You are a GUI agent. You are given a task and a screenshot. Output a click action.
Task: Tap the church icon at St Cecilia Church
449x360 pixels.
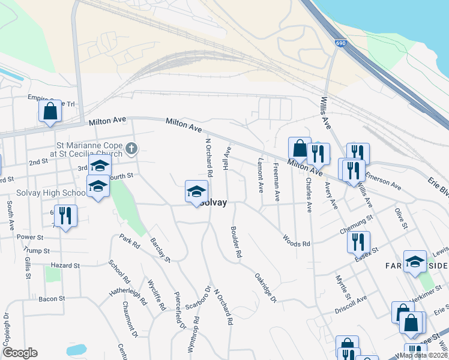coord(132,148)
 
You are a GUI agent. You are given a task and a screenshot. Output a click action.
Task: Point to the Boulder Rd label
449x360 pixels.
coord(236,242)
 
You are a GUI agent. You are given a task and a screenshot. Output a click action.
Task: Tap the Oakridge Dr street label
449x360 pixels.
coord(265,288)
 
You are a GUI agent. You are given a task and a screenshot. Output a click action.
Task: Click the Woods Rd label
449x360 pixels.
coord(297,241)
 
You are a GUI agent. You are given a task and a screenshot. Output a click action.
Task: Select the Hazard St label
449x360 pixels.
coord(65,265)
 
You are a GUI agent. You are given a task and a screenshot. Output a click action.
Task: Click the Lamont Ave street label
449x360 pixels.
coord(261,175)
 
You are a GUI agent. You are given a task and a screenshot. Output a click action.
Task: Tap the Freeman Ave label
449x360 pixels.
coord(276,181)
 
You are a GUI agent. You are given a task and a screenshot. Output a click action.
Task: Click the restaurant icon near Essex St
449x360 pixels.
coord(358,242)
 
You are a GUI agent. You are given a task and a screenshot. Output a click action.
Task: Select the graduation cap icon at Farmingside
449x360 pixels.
coord(414,262)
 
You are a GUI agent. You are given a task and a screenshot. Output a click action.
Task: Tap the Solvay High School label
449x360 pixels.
coord(42,193)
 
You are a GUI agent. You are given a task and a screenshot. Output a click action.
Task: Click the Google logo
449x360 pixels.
coord(20,353)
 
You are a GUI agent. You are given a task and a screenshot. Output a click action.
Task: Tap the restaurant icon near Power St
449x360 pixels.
coord(65,216)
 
